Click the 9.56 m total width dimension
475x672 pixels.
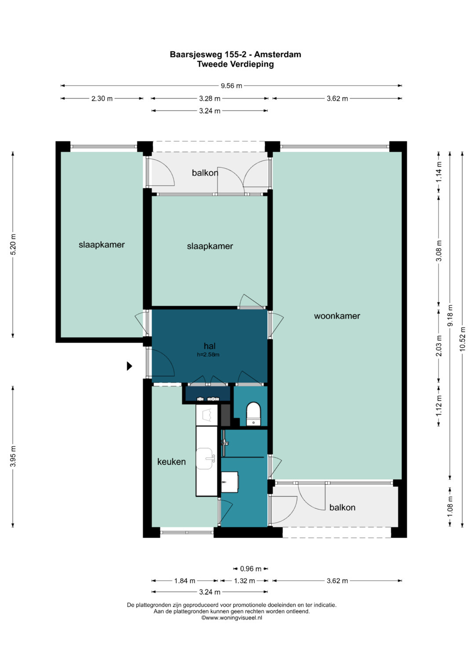tap(231, 86)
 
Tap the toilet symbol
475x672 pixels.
tap(253, 414)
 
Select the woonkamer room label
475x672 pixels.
tap(337, 316)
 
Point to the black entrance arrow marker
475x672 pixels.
tap(129, 366)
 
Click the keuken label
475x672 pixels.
tap(172, 462)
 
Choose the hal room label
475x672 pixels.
tap(209, 346)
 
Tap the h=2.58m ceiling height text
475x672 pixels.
tap(208, 355)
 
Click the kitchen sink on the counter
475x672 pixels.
tap(205, 459)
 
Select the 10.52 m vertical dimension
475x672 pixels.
tap(462, 339)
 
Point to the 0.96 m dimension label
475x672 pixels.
tap(251, 569)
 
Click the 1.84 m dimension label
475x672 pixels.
tap(185, 581)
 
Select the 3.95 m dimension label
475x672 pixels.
tap(13, 456)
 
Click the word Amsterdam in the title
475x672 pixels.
tap(278, 55)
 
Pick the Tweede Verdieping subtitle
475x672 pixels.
tap(235, 64)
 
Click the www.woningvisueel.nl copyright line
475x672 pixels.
tap(232, 617)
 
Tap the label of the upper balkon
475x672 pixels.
tap(205, 173)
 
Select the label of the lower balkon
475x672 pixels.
tap(342, 507)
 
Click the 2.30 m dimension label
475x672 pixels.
tap(102, 99)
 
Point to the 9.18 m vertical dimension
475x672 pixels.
tap(450, 316)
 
